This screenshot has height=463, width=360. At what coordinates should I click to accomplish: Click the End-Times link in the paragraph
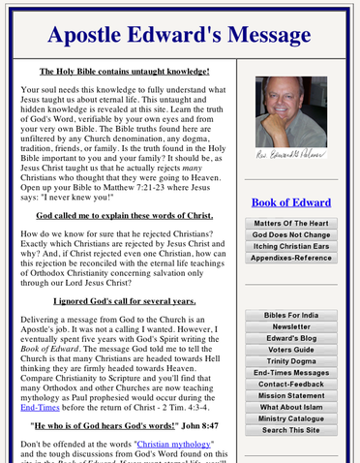(x=37, y=410)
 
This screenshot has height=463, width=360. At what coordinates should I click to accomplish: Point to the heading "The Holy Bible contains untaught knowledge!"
(x=124, y=72)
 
